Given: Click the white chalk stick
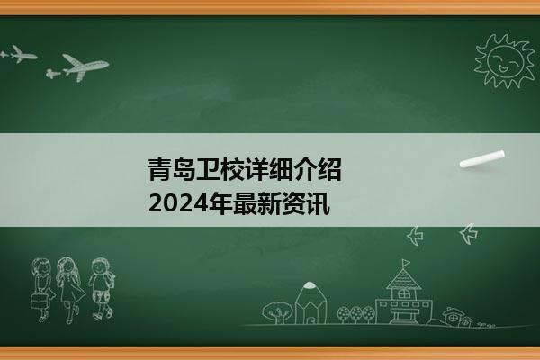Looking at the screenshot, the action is (x=482, y=158).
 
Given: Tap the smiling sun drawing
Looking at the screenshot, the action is (x=505, y=61).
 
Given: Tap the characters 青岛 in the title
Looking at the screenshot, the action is (x=172, y=169).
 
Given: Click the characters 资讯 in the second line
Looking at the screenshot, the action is (x=305, y=204).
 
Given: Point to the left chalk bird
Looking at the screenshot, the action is (x=416, y=236).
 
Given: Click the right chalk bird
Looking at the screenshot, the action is (x=469, y=234).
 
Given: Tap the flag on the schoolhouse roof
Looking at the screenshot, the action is (x=406, y=263).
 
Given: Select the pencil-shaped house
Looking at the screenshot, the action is (x=310, y=303).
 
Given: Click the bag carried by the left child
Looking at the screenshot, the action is (x=40, y=301).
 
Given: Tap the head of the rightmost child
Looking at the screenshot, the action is (x=101, y=266).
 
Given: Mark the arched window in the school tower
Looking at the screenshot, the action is (x=403, y=294).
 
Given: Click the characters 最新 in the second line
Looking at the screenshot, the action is (x=256, y=204).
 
